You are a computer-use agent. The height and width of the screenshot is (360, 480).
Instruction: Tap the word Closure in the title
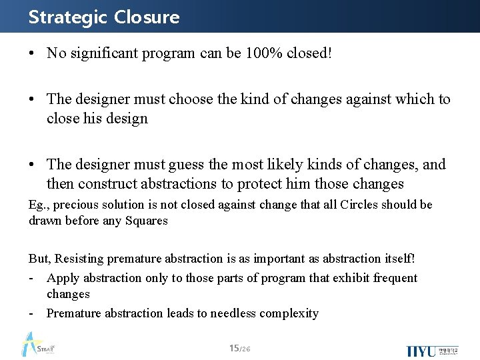(147, 17)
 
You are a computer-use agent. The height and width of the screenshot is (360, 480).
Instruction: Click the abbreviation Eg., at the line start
(39, 205)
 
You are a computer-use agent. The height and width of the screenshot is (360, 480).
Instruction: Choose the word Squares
(145, 221)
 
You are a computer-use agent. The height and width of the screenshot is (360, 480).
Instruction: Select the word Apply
(61, 278)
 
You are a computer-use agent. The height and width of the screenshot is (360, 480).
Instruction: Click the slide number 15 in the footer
(233, 347)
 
